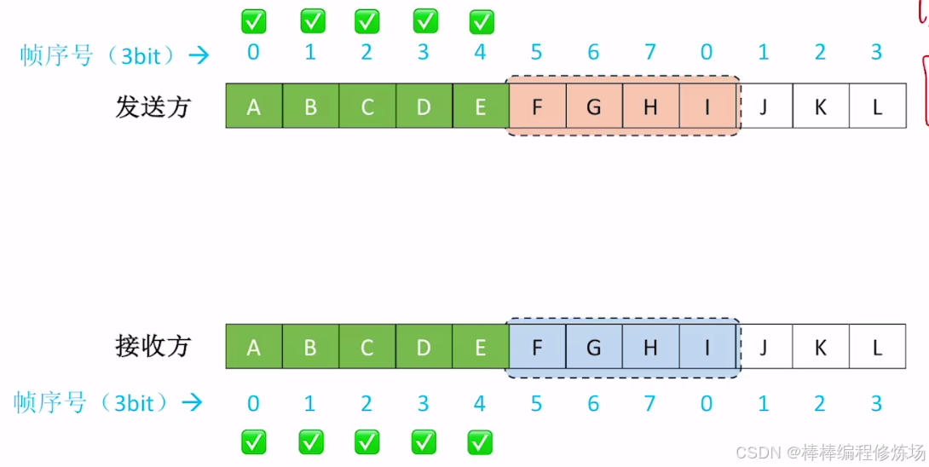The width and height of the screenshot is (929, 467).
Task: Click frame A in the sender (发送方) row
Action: pos(253,107)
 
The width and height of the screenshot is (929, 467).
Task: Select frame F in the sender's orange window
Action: pos(537,107)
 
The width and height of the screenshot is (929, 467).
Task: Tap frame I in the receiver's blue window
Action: pos(707,347)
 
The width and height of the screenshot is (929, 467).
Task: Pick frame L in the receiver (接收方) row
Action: pos(877,347)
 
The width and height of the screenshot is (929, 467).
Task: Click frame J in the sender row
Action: pos(764,107)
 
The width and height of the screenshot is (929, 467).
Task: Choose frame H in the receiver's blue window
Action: pos(650,347)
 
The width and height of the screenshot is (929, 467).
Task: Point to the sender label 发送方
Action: pos(153,107)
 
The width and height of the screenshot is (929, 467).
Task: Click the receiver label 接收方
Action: pos(153,346)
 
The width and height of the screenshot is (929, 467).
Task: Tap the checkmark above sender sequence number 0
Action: pos(253,20)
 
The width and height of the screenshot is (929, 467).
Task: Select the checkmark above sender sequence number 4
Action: pos(482,20)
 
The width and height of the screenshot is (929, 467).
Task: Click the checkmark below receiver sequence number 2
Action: pos(367,441)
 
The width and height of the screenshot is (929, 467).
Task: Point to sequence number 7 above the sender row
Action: pos(650,53)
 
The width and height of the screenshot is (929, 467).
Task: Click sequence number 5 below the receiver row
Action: pos(536,402)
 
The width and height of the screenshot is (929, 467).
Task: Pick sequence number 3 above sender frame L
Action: pos(876,53)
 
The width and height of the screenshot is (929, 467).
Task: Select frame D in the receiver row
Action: pos(424,347)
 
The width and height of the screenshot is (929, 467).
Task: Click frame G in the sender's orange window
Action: pos(594,107)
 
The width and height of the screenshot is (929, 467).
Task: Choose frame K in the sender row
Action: pos(821,107)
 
